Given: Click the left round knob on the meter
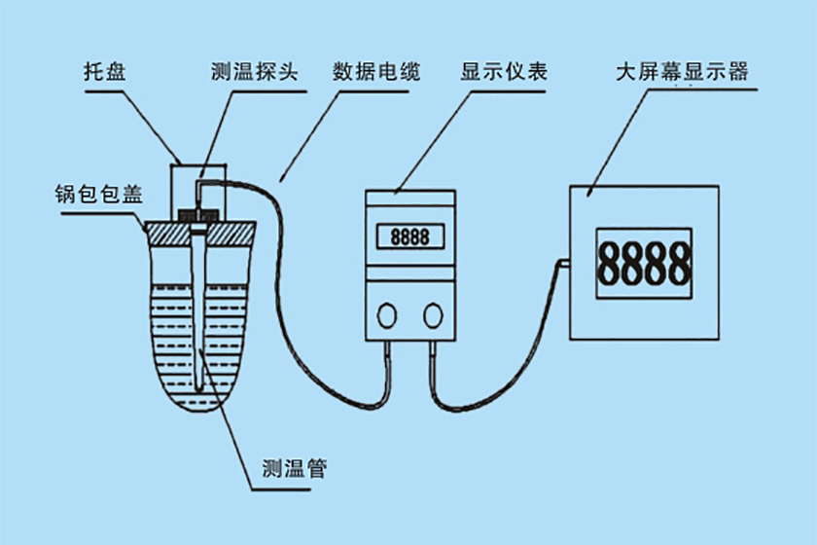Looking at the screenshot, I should (x=388, y=314).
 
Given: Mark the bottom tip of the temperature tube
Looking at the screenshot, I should (x=201, y=386).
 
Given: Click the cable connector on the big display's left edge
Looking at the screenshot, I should (x=563, y=262).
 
